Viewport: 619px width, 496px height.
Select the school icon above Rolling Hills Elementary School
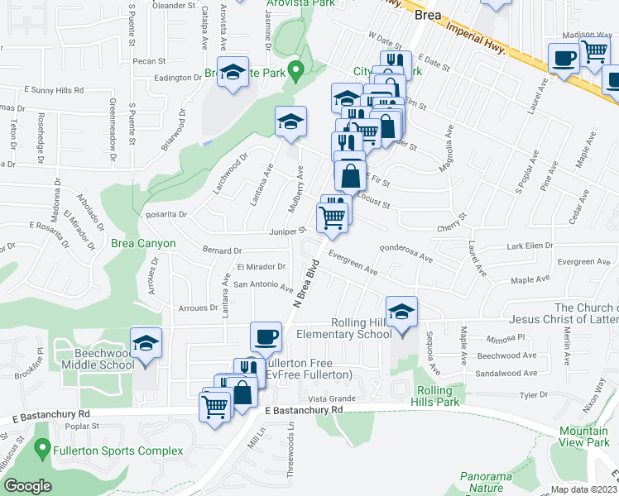(401, 312)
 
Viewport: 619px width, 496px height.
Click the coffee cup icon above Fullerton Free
(266, 337)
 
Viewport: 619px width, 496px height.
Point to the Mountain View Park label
(583, 436)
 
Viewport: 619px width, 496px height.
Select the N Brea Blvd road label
(305, 284)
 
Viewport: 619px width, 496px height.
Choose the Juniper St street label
(289, 231)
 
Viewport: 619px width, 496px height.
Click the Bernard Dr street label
(222, 250)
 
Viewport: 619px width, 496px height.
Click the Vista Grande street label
(332, 398)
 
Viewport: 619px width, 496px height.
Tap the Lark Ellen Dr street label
(530, 246)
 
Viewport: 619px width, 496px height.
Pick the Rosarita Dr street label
(166, 214)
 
